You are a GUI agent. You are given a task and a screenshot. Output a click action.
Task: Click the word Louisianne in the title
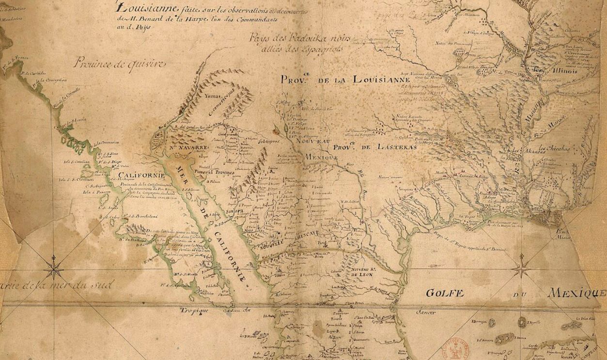143,7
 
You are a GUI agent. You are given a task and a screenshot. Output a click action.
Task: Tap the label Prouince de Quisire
120,63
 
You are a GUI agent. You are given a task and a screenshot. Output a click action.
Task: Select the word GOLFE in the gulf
444,293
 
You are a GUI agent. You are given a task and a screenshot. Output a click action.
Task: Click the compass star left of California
54,267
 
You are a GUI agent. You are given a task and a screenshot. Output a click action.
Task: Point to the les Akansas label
527,151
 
